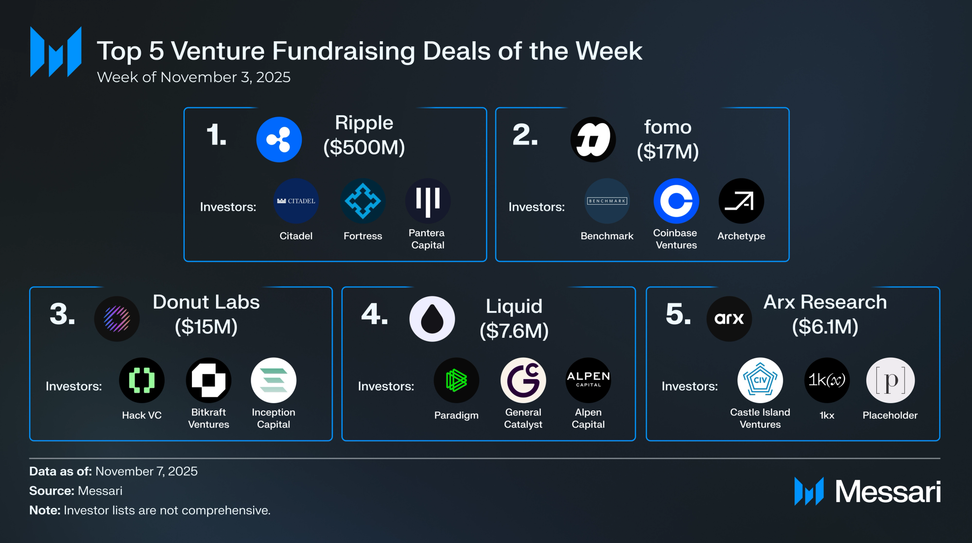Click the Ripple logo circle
click(x=279, y=139)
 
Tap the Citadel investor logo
click(x=296, y=201)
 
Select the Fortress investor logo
click(x=363, y=201)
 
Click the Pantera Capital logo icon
click(x=427, y=201)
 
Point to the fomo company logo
click(x=593, y=139)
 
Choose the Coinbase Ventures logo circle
click(x=676, y=201)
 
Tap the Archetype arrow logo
click(x=741, y=201)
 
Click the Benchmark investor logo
click(x=607, y=201)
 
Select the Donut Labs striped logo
click(x=117, y=319)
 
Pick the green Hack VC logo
click(x=142, y=380)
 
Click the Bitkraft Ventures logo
click(x=208, y=380)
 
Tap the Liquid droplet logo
click(x=432, y=319)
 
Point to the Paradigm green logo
click(x=456, y=380)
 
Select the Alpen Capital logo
click(x=588, y=380)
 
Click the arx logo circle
click(x=729, y=319)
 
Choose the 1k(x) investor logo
click(x=827, y=380)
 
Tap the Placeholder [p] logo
click(x=890, y=380)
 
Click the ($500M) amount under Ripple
click(x=364, y=147)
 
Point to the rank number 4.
click(x=374, y=314)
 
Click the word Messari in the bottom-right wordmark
click(x=888, y=492)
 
